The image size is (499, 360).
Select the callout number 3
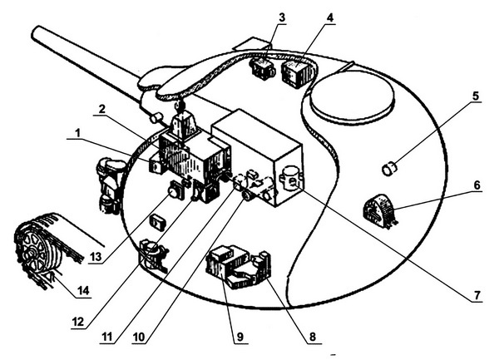(x=282, y=17)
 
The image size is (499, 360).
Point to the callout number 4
(x=330, y=17)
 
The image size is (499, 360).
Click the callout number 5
(x=475, y=95)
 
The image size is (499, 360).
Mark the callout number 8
(x=312, y=338)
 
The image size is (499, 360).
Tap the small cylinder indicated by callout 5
(x=388, y=170)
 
